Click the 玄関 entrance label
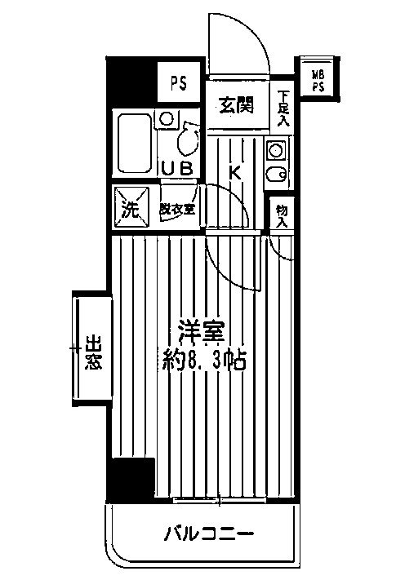pos(235,104)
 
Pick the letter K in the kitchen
pos(234,172)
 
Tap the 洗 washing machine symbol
pos(130,207)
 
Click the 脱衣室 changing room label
pos(177,208)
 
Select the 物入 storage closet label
pos(282,215)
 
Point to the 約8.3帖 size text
pos(204,359)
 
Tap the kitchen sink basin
pos(276,174)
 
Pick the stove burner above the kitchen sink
pos(275,150)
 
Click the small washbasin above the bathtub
pos(167,119)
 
